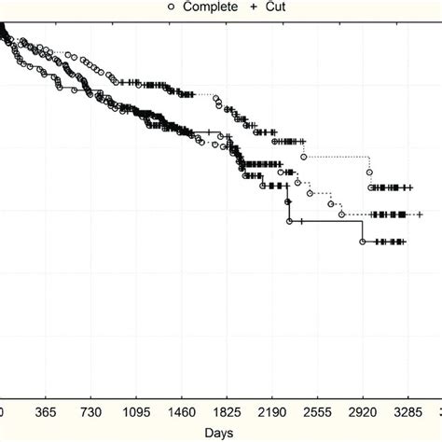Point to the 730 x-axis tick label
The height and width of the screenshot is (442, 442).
(x=90, y=411)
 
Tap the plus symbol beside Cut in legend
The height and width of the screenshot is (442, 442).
(x=255, y=7)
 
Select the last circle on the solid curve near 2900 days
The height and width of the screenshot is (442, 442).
(x=362, y=242)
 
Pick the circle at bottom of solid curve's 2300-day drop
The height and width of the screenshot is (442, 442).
(x=289, y=222)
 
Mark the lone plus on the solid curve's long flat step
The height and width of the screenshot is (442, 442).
(x=301, y=222)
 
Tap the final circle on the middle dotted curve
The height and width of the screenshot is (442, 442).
(x=342, y=214)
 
